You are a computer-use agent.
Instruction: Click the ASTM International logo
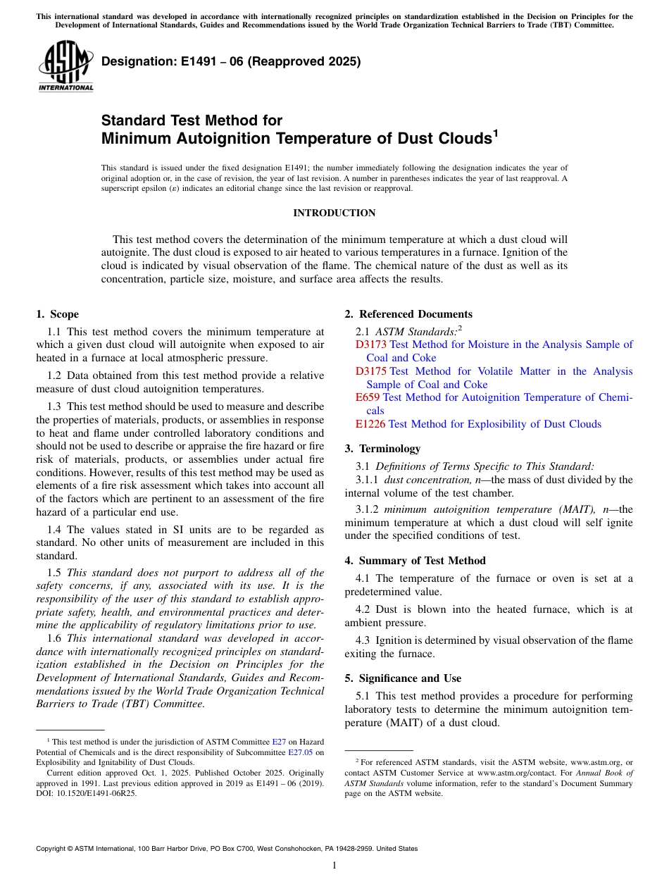(65, 67)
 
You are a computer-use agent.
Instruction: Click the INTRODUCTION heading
(334, 213)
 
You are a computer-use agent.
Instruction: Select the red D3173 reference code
(371, 344)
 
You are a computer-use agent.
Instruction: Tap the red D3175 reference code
(371, 371)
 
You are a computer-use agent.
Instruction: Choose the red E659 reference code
(368, 397)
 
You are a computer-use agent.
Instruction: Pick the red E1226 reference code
(370, 424)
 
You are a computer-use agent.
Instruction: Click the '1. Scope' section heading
(58, 314)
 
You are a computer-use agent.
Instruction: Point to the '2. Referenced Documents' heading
(408, 314)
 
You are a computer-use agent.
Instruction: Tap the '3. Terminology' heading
(382, 449)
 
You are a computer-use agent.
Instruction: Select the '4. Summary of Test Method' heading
(415, 561)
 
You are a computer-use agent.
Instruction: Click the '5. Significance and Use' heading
(403, 678)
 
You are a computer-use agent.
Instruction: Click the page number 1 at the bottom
(334, 866)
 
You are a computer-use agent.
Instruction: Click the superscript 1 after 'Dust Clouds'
(495, 132)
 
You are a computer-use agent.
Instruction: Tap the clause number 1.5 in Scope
(54, 573)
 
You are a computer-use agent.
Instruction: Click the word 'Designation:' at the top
(131, 61)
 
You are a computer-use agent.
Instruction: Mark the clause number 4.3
(363, 640)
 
